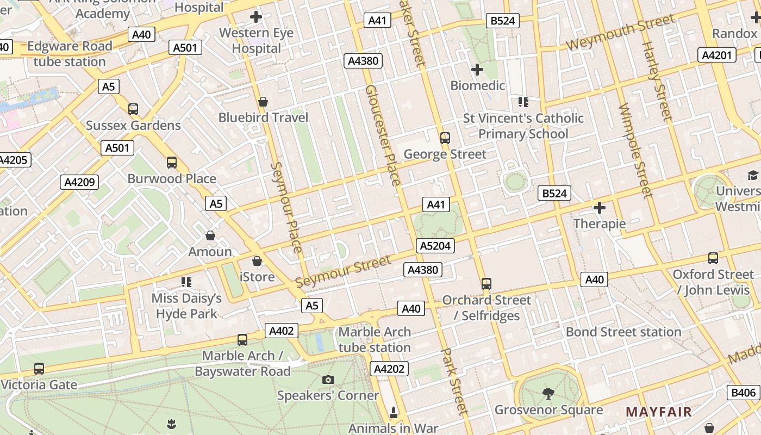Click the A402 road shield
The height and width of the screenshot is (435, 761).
(282, 331)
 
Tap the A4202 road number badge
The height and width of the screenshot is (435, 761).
(389, 369)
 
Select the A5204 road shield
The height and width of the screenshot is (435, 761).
(435, 246)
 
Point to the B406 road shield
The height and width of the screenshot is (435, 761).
(743, 393)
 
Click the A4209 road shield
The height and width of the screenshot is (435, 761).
(79, 182)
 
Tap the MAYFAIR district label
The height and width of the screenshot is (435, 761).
(658, 412)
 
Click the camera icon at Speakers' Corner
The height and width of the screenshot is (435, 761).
(328, 380)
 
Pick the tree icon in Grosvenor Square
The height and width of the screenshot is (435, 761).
(548, 393)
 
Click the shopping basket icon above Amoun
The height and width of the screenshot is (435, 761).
(210, 235)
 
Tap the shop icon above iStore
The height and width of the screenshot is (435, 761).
(257, 261)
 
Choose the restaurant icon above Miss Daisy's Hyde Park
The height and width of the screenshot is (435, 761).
(186, 282)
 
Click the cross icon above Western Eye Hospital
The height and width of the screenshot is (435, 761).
(255, 17)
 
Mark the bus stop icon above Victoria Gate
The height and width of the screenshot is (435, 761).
(39, 369)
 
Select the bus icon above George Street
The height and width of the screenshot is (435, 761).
(445, 138)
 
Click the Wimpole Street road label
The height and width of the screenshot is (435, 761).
(635, 150)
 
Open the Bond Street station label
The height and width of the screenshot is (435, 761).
(623, 332)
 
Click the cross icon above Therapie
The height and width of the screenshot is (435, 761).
(600, 208)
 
